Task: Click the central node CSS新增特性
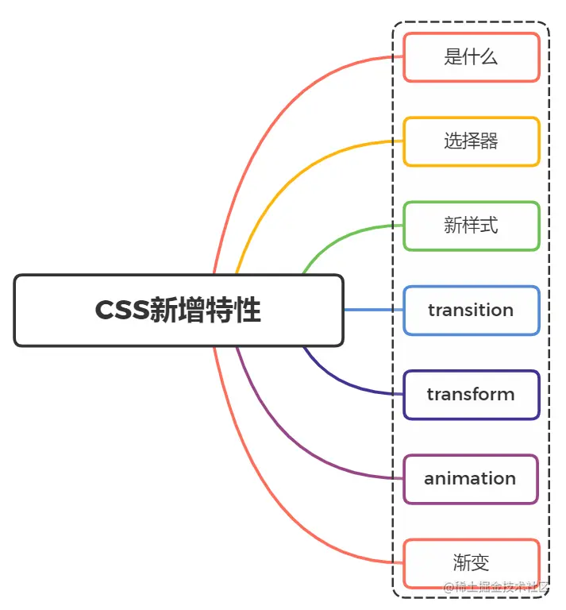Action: pyautogui.click(x=179, y=311)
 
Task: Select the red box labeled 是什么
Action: pyautogui.click(x=472, y=57)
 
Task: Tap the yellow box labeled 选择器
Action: pyautogui.click(x=472, y=141)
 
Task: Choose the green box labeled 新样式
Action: pyautogui.click(x=472, y=226)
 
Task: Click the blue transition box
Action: pyautogui.click(x=472, y=310)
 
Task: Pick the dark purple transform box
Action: pyautogui.click(x=472, y=394)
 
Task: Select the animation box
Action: pyautogui.click(x=472, y=478)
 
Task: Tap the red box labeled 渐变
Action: pyautogui.click(x=472, y=563)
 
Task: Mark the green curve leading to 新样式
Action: pyautogui.click(x=333, y=239)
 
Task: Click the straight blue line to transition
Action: pyautogui.click(x=373, y=310)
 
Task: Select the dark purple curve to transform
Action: pyautogui.click(x=333, y=380)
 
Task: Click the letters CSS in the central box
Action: pyautogui.click(x=121, y=311)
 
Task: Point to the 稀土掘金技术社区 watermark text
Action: pyautogui.click(x=501, y=588)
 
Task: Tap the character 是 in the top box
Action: pyautogui.click(x=453, y=57)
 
